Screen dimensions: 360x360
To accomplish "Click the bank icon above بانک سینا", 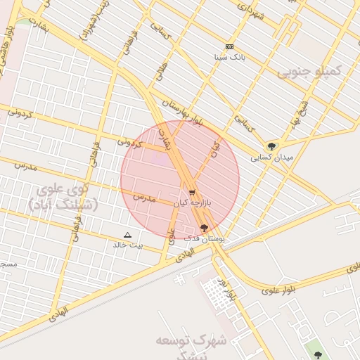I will (229, 46).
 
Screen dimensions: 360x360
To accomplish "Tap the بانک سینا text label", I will (229, 57).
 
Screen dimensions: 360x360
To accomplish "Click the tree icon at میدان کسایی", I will (272, 147).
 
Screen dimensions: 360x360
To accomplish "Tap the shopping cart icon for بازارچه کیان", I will (192, 192).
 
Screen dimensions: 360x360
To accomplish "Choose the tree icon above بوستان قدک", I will (205, 228).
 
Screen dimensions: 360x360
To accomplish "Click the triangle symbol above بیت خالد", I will (127, 235).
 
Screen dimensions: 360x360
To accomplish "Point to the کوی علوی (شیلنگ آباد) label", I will (64, 198).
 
